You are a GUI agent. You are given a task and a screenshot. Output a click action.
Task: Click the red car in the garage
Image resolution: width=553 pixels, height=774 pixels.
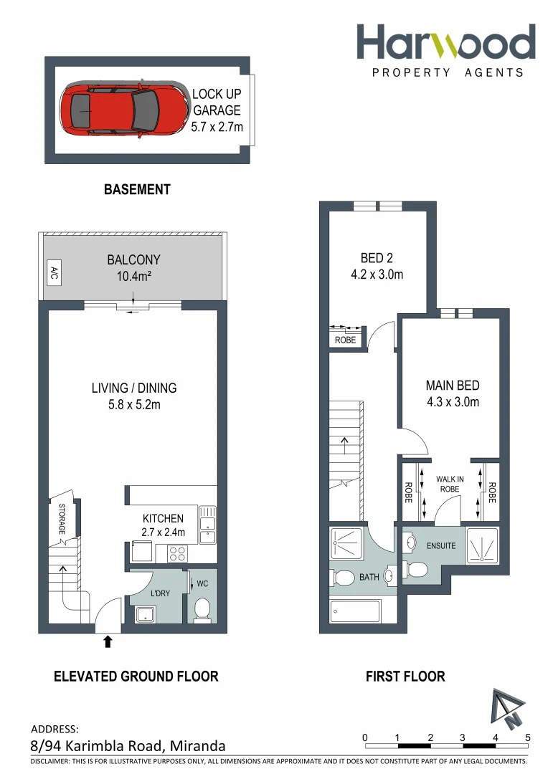pyautogui.click(x=120, y=110)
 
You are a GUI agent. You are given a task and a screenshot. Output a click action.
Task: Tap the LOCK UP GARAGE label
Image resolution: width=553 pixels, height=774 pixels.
pyautogui.click(x=217, y=110)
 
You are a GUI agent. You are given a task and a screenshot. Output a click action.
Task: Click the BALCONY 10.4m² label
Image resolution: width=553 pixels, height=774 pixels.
pyautogui.click(x=133, y=267)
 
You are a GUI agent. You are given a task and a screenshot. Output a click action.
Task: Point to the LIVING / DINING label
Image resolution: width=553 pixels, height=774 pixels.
pyautogui.click(x=133, y=396)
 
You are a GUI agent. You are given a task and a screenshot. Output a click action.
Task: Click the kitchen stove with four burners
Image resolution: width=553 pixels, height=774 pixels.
pyautogui.click(x=177, y=554)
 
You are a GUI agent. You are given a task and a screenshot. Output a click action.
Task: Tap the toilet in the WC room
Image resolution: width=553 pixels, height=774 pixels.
pyautogui.click(x=202, y=609)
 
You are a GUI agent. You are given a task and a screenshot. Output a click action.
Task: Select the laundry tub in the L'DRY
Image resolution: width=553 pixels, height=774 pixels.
pyautogui.click(x=146, y=614)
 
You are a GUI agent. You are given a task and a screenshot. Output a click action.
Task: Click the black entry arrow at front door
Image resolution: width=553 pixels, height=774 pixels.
pyautogui.click(x=108, y=641)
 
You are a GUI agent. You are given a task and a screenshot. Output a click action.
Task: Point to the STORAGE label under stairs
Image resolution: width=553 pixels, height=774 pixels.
pyautogui.click(x=62, y=520)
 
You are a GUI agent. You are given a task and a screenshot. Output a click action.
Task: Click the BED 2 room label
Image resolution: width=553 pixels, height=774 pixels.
pyautogui.click(x=377, y=266)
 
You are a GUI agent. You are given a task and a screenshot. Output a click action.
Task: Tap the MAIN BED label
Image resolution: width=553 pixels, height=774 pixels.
pyautogui.click(x=452, y=393)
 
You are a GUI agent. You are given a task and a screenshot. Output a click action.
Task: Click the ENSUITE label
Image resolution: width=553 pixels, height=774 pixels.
pyautogui.click(x=440, y=545)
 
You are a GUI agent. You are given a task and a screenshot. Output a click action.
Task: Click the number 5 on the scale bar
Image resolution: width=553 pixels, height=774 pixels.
pyautogui.click(x=528, y=737)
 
